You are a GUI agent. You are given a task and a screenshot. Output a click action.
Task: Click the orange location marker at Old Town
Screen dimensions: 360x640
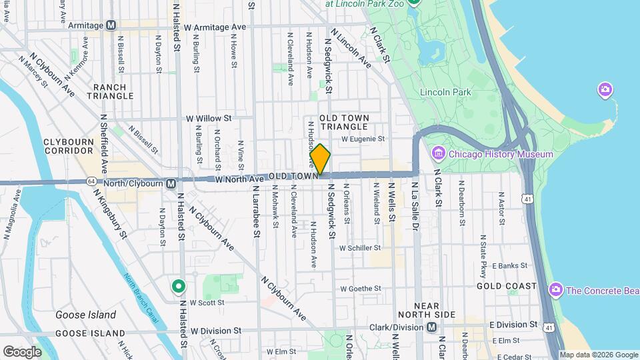pyautogui.click(x=320, y=159)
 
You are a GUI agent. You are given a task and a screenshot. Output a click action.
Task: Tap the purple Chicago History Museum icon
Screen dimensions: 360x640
pyautogui.click(x=438, y=154)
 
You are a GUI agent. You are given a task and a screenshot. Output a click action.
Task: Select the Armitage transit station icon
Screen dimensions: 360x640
pyautogui.click(x=111, y=25)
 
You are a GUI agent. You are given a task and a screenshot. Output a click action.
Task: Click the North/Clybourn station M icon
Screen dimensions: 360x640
pyautogui.click(x=171, y=183)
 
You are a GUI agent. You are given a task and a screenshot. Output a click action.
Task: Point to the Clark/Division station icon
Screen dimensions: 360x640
pyautogui.click(x=431, y=327)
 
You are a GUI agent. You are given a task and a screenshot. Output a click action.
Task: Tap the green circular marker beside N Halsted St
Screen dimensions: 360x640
pyautogui.click(x=178, y=287)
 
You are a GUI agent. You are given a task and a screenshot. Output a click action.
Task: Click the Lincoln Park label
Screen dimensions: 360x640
pyautogui.click(x=446, y=92)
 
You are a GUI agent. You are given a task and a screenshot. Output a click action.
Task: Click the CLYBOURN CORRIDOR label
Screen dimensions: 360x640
pyautogui.click(x=71, y=146)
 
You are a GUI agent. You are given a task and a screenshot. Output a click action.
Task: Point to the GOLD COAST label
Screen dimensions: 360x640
pyautogui.click(x=507, y=286)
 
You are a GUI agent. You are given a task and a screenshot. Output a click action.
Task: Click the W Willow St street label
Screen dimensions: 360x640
pyautogui.click(x=208, y=118)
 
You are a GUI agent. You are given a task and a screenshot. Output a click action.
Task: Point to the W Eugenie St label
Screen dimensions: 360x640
pyautogui.click(x=363, y=139)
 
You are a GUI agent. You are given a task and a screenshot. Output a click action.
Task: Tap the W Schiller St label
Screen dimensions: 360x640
pyautogui.click(x=360, y=247)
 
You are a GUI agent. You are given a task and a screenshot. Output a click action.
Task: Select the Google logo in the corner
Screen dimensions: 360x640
pyautogui.click(x=23, y=351)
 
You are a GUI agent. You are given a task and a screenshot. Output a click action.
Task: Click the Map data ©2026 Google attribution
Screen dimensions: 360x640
pyautogui.click(x=599, y=355)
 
